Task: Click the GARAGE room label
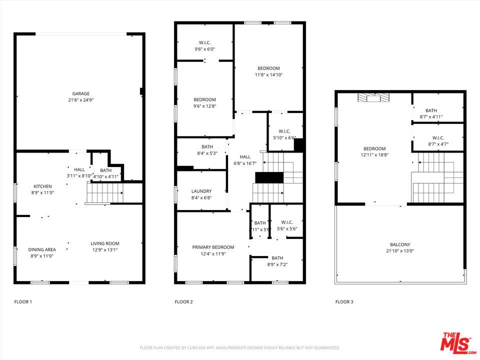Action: (x=80, y=93)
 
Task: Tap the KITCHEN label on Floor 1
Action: (x=42, y=186)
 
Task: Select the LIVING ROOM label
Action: (x=104, y=243)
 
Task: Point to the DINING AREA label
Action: (x=42, y=249)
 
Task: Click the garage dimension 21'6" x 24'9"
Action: (x=80, y=100)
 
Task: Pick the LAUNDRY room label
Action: (x=201, y=191)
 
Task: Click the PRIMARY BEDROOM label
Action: (x=213, y=247)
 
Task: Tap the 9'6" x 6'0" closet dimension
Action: (x=204, y=49)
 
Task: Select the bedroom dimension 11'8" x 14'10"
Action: (x=268, y=75)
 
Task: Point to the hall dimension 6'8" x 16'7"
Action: (x=245, y=163)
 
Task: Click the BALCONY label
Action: (x=400, y=244)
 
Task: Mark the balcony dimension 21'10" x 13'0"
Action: (x=400, y=251)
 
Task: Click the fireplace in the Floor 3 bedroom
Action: (x=372, y=97)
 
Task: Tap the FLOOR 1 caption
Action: (x=23, y=302)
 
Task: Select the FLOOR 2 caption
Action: (x=183, y=302)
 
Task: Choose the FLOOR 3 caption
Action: (x=344, y=302)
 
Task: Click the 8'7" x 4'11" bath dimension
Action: (x=430, y=117)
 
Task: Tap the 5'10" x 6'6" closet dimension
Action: (x=285, y=138)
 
